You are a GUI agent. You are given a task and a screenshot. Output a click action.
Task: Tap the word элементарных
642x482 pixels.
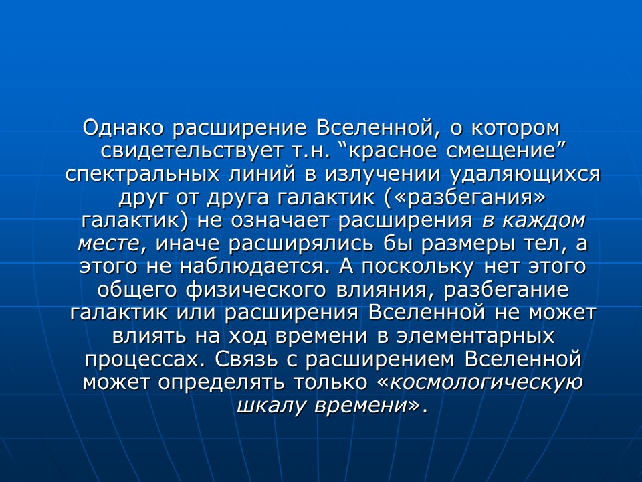point(477,336)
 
